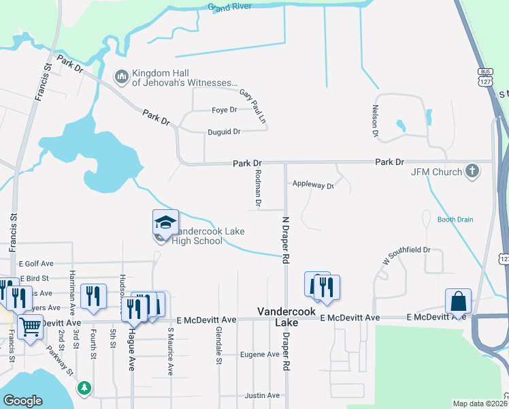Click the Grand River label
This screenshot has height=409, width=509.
(x=229, y=7)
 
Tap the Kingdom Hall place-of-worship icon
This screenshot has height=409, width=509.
(x=122, y=76)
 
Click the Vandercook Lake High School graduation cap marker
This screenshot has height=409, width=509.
(x=165, y=223)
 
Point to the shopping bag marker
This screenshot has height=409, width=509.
(x=459, y=301)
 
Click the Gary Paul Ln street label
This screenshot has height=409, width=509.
(x=252, y=107)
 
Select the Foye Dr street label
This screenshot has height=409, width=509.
(x=224, y=110)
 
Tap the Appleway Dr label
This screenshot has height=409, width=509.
(x=313, y=185)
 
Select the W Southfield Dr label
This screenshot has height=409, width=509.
(x=406, y=256)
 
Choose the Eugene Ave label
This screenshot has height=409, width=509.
(x=259, y=354)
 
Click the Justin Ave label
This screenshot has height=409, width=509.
(x=262, y=395)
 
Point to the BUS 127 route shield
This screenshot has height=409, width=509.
(x=485, y=76)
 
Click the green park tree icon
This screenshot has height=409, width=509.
(x=84, y=388)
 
